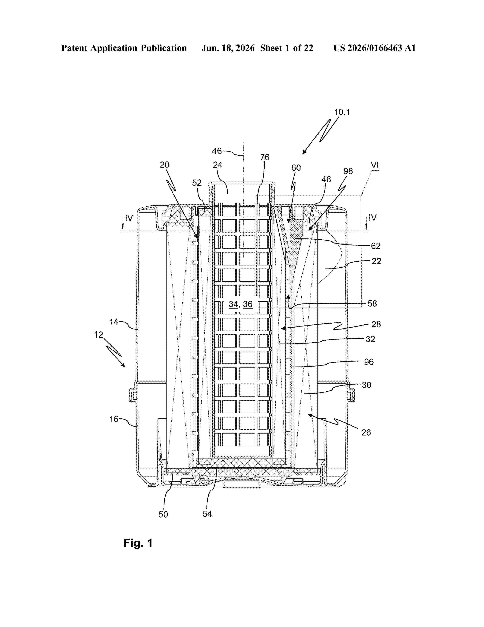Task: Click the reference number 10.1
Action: click(x=342, y=112)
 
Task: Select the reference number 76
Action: click(x=265, y=157)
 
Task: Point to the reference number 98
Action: click(x=348, y=171)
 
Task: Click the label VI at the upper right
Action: click(x=375, y=165)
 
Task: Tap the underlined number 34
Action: click(x=233, y=304)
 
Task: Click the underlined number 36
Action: click(x=248, y=304)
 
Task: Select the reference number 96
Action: click(x=369, y=362)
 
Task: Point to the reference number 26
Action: click(x=366, y=432)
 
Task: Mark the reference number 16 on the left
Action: click(x=114, y=419)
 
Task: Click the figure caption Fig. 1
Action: click(x=138, y=543)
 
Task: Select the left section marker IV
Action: click(x=129, y=218)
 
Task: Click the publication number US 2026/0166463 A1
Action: click(x=374, y=48)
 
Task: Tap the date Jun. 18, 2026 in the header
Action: click(x=228, y=48)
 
